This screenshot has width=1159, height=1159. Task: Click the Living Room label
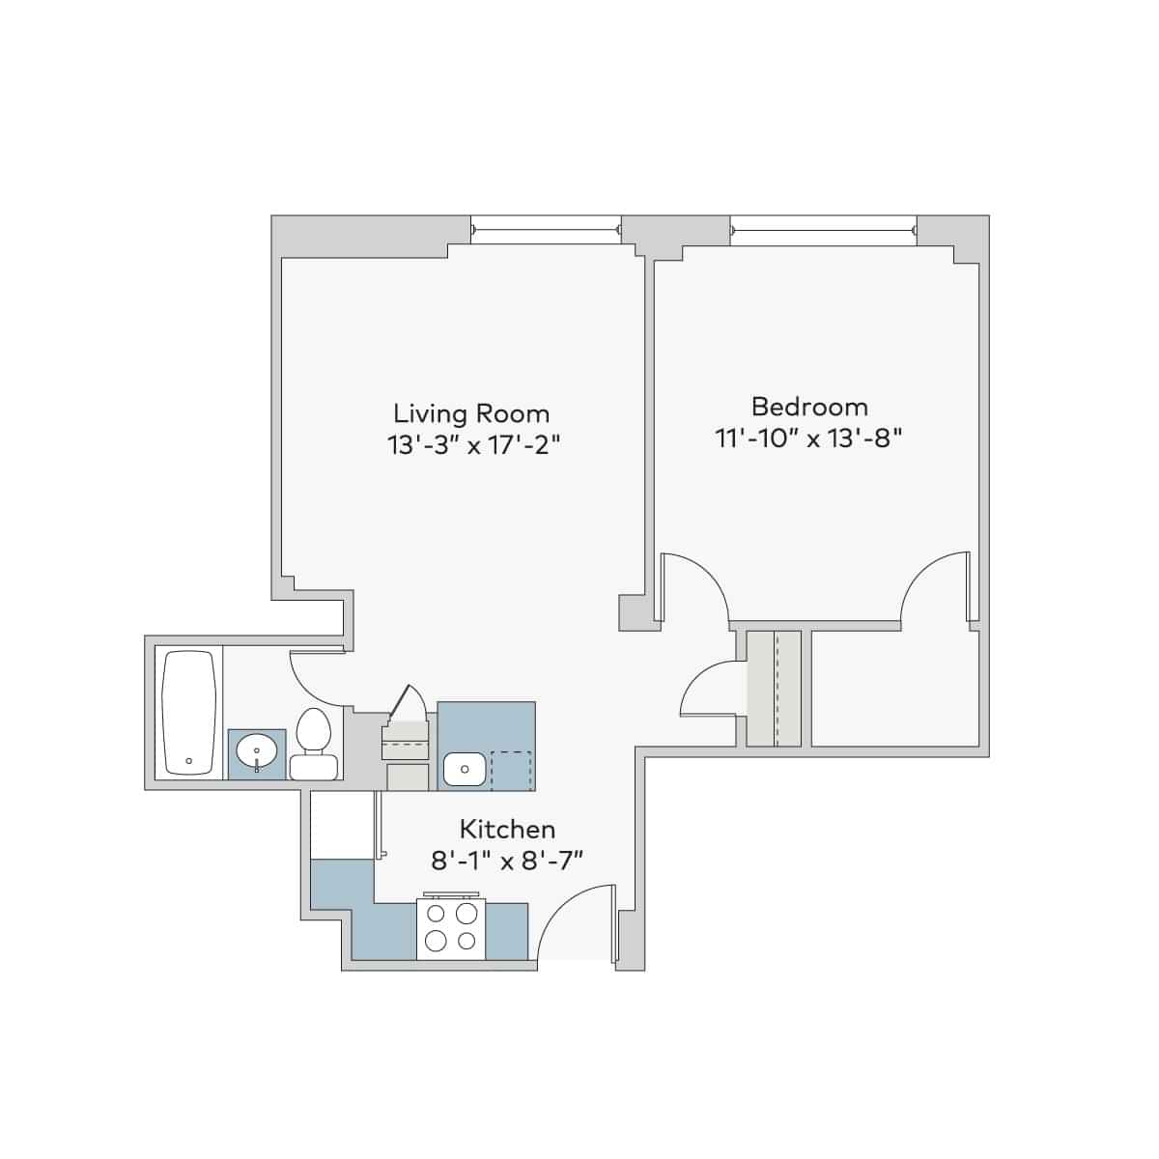(471, 414)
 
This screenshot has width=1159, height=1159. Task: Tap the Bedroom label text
(809, 406)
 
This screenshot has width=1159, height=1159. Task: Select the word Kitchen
(507, 829)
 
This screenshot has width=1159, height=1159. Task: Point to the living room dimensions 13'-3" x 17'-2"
(472, 445)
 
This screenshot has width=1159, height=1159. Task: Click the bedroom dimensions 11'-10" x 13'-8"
(808, 438)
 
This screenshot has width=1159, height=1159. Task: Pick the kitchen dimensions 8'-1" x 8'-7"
(507, 859)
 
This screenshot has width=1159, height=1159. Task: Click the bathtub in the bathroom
(188, 713)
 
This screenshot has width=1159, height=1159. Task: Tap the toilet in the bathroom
(313, 745)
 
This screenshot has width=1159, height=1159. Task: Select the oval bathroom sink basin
(257, 749)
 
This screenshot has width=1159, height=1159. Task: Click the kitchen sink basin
(465, 770)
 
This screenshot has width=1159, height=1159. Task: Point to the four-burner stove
(451, 929)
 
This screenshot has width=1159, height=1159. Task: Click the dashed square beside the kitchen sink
(511, 770)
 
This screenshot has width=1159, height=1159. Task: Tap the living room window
(546, 230)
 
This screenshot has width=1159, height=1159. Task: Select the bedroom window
(824, 230)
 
